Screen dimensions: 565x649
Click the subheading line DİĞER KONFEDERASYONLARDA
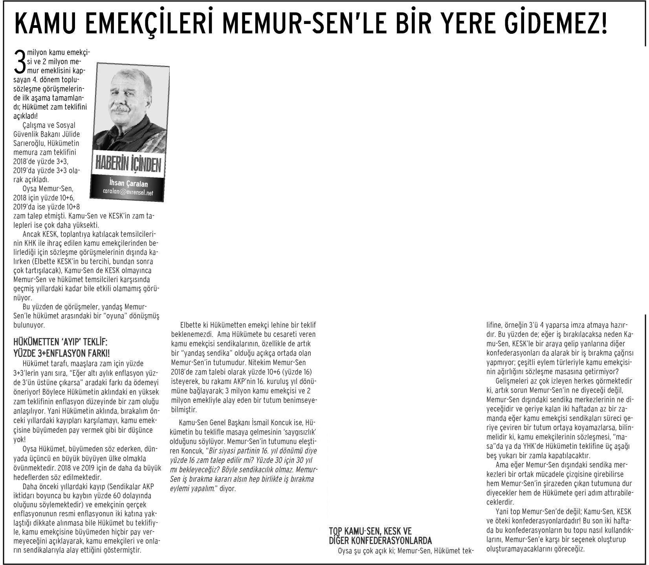381,540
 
